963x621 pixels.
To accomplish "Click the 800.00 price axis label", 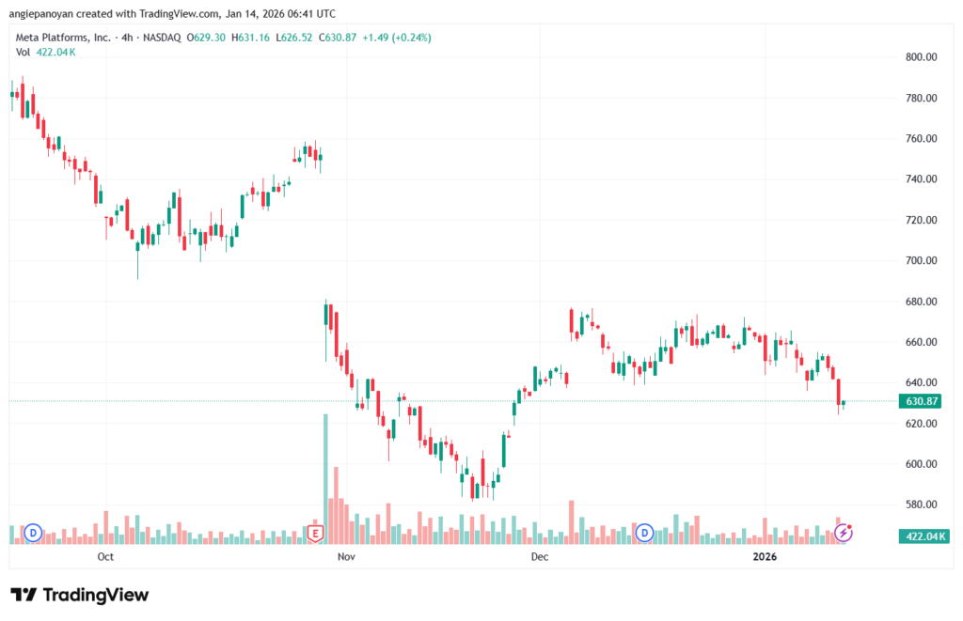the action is tap(921, 57).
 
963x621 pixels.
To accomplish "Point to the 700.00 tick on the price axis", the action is tap(921, 261).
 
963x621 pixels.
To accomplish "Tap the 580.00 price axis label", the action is tap(921, 505).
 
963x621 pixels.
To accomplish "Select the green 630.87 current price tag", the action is tap(920, 401).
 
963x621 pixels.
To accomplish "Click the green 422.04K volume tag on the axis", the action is tap(924, 536).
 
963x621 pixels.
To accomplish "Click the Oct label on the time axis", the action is tap(105, 556).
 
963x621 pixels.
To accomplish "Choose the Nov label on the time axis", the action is tap(346, 556).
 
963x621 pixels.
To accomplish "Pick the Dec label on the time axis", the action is tap(540, 556).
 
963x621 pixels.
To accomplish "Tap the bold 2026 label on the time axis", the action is tap(765, 556).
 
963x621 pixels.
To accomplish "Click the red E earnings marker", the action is tap(315, 534).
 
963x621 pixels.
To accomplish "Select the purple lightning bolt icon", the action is tap(844, 533).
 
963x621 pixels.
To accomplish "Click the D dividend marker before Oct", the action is tap(33, 534).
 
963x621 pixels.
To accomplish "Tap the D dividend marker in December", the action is tap(644, 533).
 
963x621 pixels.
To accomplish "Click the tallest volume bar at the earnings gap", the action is tap(325, 479).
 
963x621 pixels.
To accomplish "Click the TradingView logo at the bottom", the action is tap(80, 595).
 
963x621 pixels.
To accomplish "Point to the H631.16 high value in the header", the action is tap(250, 38).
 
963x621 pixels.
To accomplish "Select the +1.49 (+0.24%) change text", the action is tap(397, 38).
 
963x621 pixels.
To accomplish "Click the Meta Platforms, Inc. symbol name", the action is tap(63, 38).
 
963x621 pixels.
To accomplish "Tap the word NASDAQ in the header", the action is tap(162, 38).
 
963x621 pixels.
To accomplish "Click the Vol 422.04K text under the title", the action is tap(45, 53).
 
